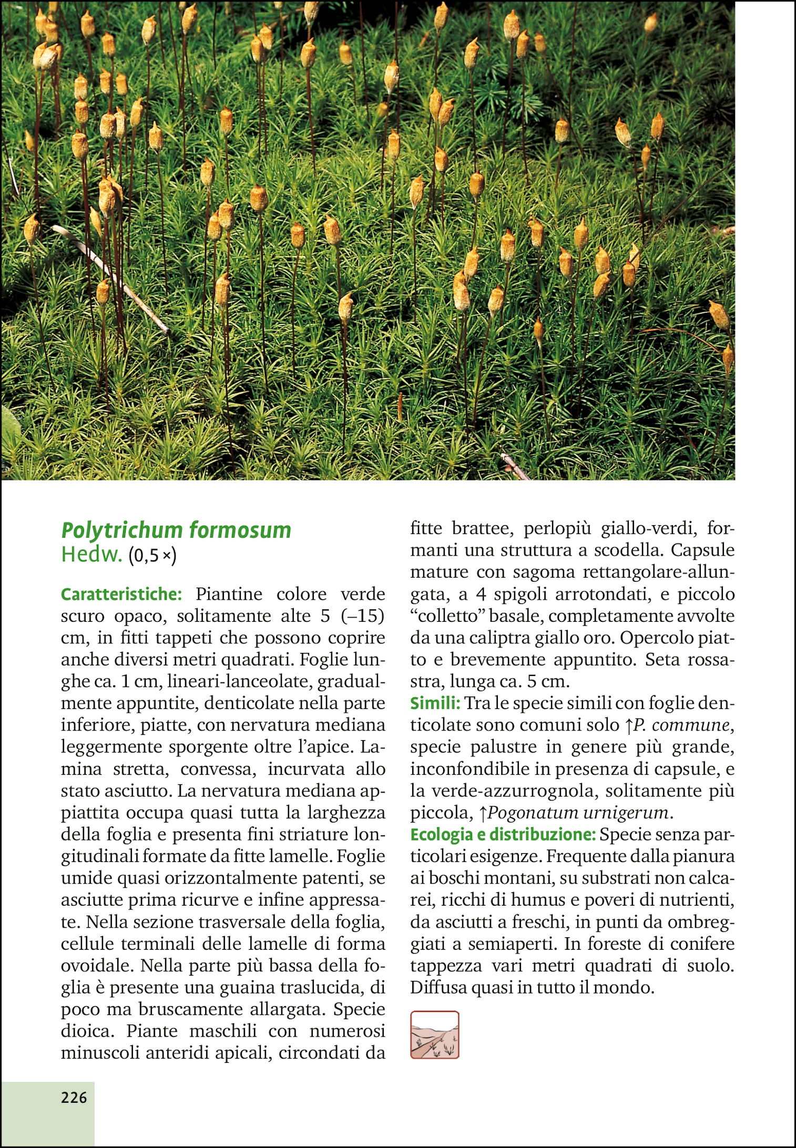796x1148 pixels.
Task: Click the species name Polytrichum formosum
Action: tap(176, 530)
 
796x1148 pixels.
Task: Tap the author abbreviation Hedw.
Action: tap(91, 555)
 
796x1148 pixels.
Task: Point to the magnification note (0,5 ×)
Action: tap(152, 556)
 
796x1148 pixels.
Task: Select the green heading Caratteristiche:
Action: tap(121, 594)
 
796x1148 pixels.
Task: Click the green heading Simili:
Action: tap(435, 703)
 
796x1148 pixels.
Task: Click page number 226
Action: tap(74, 1098)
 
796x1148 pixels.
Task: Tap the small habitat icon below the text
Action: tap(434, 1035)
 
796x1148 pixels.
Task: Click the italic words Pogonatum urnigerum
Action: tap(578, 813)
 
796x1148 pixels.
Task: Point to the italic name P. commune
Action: tap(681, 725)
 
